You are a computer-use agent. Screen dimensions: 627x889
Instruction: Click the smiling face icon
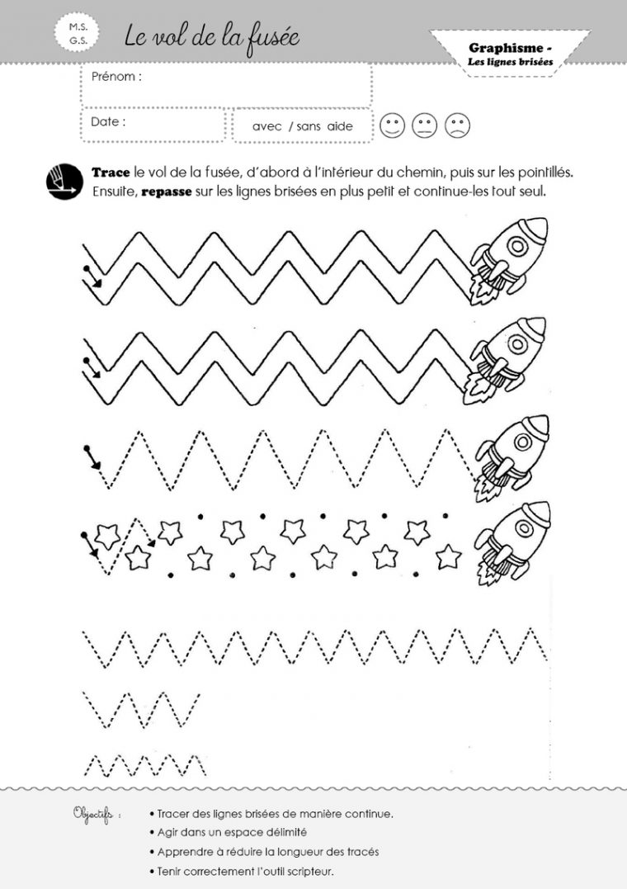393,125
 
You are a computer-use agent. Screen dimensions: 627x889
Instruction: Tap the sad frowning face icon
458,125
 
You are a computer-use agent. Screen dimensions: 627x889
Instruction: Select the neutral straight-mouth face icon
425,125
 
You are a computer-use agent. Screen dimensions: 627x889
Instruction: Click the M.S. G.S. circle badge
78,34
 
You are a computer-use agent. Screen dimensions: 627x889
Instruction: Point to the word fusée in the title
270,38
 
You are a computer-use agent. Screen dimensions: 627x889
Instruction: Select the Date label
108,121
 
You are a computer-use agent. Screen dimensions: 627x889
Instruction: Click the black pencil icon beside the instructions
64,182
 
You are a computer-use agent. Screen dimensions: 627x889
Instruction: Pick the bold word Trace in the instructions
111,173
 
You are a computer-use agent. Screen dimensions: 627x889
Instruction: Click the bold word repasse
166,192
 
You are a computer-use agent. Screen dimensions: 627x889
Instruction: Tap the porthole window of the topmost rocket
517,246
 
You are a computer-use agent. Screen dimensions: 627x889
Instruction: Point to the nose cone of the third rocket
537,427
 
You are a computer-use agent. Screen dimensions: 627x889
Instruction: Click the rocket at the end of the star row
512,542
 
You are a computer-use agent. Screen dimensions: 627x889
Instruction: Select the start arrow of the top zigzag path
92,277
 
